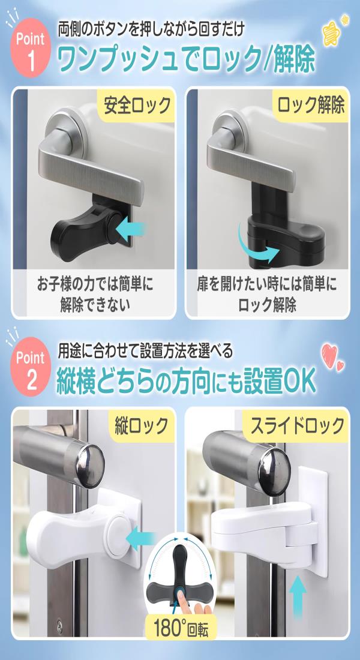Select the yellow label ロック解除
tap(310, 104)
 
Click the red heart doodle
tap(332, 357)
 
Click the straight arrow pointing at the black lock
tap(130, 230)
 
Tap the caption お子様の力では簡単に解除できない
tap(94, 294)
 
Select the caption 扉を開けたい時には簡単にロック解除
tap(267, 294)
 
